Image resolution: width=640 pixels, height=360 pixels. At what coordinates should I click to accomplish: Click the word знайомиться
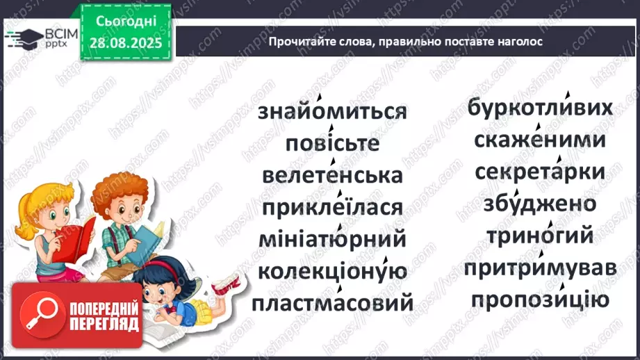click(x=332, y=113)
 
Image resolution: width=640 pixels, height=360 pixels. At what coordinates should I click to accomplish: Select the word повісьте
click(x=332, y=144)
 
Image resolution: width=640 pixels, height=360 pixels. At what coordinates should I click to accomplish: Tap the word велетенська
click(x=332, y=175)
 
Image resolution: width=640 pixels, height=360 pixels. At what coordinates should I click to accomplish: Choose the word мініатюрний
click(x=332, y=239)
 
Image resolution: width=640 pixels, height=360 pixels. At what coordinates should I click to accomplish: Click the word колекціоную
click(x=332, y=271)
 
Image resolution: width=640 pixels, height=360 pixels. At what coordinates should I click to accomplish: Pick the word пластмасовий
click(x=332, y=303)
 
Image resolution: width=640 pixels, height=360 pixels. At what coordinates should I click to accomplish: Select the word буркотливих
click(x=540, y=108)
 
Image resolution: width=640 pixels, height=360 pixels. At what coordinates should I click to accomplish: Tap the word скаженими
click(x=540, y=140)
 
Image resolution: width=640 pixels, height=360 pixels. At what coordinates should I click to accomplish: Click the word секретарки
click(x=540, y=172)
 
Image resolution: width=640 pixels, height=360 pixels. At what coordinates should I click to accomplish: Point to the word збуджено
click(x=540, y=204)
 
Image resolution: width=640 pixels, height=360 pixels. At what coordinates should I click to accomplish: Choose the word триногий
click(x=540, y=236)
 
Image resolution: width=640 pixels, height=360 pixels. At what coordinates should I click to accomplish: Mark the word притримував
click(x=540, y=268)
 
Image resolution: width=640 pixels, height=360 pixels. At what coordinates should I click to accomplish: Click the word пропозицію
click(x=540, y=300)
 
